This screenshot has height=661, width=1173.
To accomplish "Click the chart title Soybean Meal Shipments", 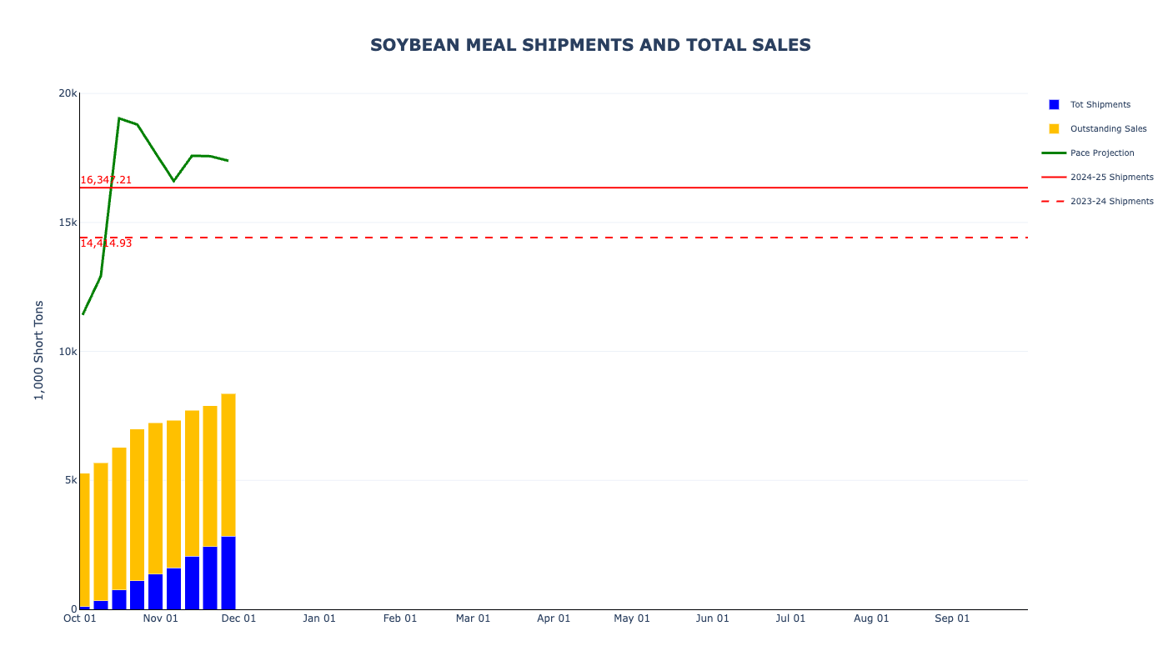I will click(590, 45).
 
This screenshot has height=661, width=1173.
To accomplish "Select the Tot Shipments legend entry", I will click(1100, 105).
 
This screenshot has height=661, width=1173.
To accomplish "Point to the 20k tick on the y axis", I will click(68, 93).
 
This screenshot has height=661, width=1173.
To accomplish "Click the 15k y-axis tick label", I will click(68, 223).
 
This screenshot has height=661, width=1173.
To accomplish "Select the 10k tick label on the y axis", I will click(68, 352).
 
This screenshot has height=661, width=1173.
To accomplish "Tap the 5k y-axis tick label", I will click(70, 480).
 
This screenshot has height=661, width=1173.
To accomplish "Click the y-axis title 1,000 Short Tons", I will click(38, 350).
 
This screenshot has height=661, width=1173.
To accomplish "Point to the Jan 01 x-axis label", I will click(319, 618).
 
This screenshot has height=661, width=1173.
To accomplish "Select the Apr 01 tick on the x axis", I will click(554, 618).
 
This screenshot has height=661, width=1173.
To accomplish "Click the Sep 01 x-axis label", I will click(952, 618).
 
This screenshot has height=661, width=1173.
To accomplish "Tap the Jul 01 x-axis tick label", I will click(790, 618).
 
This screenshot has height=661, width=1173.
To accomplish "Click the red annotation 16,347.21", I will click(106, 180).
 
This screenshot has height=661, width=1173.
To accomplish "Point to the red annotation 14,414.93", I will click(106, 243).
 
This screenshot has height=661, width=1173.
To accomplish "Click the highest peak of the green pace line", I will click(119, 118).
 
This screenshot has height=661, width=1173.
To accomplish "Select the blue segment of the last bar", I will click(228, 573).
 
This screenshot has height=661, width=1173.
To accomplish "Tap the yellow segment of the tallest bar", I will click(228, 465).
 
